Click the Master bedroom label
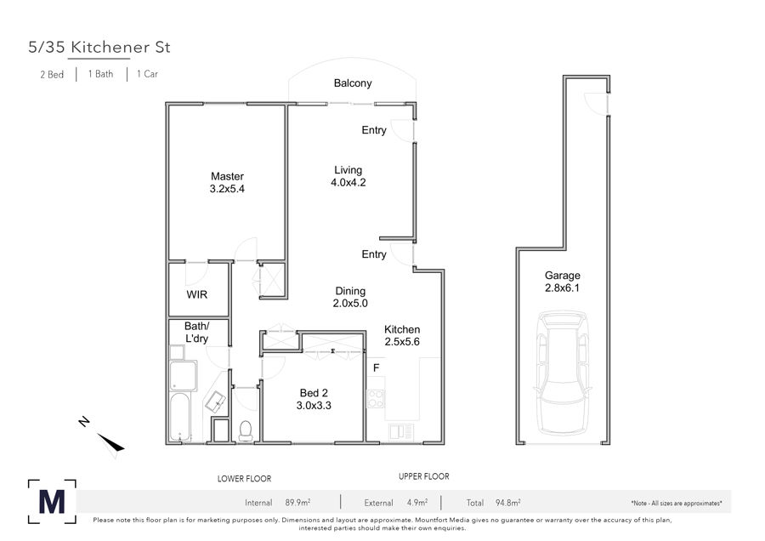227,176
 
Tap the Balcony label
353,83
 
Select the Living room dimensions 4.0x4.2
348,183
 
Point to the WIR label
197,294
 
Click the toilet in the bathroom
246,430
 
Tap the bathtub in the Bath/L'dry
180,418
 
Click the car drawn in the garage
563,373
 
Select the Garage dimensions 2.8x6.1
562,288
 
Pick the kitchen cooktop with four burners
376,398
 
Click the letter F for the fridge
377,367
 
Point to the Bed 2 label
314,393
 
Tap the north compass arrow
110,441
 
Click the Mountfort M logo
52,502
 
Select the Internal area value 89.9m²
297,502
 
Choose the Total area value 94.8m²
508,502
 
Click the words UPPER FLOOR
424,476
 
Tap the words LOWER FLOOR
245,479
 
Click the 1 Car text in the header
147,74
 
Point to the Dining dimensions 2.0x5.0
350,303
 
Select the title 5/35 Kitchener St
99,48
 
